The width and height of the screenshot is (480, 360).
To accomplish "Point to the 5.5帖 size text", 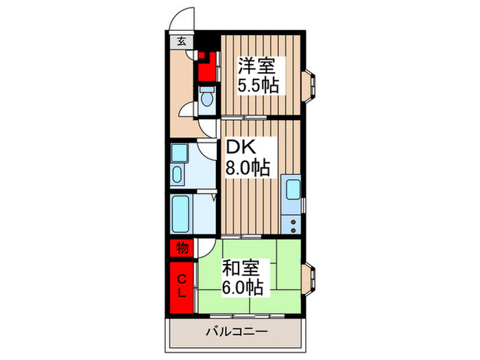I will click(x=257, y=87).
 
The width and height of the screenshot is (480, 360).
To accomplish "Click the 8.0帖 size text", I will click(x=248, y=167).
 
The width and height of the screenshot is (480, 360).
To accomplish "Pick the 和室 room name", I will click(x=237, y=265).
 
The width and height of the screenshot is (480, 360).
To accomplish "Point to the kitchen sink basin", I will click(x=291, y=188).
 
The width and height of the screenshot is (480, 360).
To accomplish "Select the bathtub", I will click(x=182, y=215).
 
